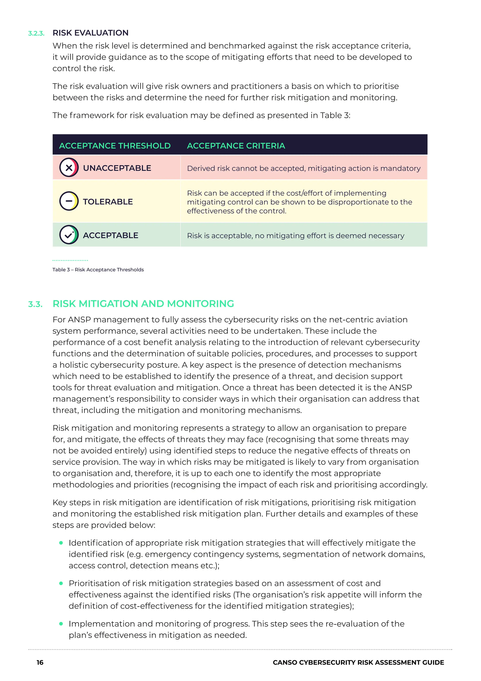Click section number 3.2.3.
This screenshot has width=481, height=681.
point(36,33)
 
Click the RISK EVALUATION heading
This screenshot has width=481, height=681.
point(90,33)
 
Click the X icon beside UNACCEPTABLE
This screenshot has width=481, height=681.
point(69,168)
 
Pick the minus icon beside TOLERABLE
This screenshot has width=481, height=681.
point(69,201)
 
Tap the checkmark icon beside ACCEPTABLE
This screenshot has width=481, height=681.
point(69,235)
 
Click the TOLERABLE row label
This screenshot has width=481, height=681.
point(108,202)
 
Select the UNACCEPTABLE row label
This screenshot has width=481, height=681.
point(117,168)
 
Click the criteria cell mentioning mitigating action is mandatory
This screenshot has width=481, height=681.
point(304,168)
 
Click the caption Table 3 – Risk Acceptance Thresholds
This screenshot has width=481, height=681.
point(98,270)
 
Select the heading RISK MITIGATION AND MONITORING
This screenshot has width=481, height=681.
point(143,304)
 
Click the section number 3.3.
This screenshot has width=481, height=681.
point(35,304)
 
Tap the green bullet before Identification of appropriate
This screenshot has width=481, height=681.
point(61,543)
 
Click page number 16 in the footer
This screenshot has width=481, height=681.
point(40,663)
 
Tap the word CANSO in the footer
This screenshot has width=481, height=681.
point(285,663)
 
